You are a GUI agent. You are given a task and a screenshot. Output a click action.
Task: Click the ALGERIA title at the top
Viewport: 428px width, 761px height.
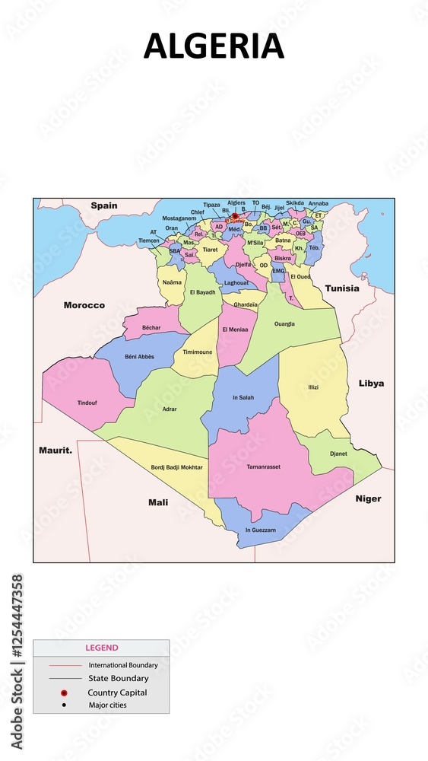(214, 46)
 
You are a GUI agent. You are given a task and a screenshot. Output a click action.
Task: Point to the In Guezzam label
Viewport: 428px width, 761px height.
(260, 530)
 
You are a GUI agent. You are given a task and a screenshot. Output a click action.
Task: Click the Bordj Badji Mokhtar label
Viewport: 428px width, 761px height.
(176, 466)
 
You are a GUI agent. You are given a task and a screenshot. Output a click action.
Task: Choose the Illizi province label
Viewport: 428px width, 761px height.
(312, 387)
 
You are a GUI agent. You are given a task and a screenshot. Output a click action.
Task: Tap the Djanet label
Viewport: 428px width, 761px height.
(338, 454)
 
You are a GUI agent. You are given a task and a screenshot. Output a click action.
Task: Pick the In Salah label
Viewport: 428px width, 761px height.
(243, 397)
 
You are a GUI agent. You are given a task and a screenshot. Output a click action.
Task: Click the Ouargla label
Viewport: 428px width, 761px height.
(284, 323)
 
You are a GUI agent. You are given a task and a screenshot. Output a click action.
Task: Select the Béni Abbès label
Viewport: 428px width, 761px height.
(140, 356)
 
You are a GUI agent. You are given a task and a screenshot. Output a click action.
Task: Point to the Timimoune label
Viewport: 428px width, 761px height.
(198, 352)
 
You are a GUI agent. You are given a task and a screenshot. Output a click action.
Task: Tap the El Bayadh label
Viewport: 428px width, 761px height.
(202, 292)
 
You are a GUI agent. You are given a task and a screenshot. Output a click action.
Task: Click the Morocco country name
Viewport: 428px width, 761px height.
(84, 305)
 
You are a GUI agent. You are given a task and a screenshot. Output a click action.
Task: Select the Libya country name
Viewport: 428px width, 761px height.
(371, 384)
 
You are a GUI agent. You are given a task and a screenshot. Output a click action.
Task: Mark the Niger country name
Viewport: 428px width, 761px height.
(368, 499)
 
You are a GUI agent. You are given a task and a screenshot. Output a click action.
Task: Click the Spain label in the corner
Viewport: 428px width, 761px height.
(104, 205)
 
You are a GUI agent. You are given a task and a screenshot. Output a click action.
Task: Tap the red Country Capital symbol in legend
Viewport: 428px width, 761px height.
(65, 693)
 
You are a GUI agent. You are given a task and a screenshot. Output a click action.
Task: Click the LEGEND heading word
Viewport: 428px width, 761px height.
(101, 648)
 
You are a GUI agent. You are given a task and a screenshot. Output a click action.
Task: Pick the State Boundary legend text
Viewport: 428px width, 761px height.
(118, 678)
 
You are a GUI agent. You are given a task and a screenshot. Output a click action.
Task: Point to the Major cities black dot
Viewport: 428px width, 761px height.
(65, 705)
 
